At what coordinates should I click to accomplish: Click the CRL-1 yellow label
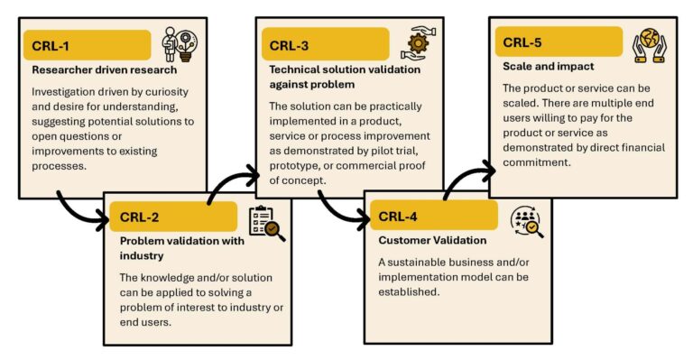[x=87, y=45]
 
